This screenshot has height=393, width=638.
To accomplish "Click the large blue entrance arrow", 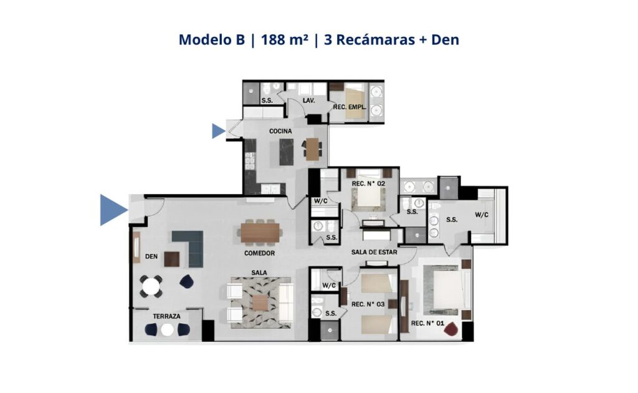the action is [112, 210].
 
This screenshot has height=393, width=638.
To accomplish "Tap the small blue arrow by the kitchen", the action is [218, 131].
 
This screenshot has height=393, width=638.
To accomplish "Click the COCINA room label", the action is [280, 131].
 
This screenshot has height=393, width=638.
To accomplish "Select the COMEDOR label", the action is [259, 253].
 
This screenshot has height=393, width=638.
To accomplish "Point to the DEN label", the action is [151, 256].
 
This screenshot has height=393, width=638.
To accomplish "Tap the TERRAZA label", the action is [166, 316].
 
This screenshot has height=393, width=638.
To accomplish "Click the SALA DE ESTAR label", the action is [374, 252].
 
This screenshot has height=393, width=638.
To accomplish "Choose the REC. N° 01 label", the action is [427, 323].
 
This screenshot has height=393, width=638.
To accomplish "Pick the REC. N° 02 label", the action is [368, 183].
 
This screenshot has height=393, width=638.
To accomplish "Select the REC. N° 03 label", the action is [368, 304].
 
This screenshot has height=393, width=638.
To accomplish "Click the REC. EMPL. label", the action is [350, 107].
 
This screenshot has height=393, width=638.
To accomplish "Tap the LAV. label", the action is [308, 100].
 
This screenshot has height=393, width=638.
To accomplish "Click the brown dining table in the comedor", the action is [260, 233].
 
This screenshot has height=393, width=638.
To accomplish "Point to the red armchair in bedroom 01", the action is [451, 328].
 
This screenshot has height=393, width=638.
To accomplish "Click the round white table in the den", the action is [151, 286].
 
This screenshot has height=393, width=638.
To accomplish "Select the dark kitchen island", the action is [287, 152].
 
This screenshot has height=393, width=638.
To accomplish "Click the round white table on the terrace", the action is [167, 330].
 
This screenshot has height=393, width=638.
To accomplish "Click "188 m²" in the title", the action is [284, 39].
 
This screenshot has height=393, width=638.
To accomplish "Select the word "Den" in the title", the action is [445, 39].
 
